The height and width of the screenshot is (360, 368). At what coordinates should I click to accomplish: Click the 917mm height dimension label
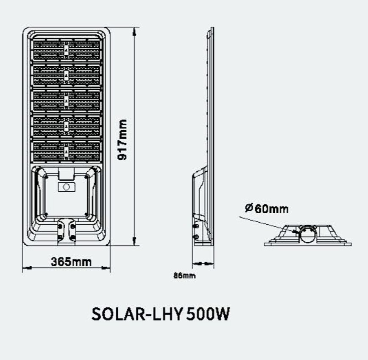tap(123, 140)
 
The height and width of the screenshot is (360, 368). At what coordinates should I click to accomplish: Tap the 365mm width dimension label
tap(71, 262)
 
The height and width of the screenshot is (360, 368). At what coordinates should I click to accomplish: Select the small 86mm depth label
tap(184, 276)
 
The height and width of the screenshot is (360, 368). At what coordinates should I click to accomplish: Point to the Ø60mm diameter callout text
tap(267, 209)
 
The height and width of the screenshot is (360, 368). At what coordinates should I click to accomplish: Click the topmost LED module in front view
tap(67, 50)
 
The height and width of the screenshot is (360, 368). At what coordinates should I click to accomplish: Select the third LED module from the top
tap(67, 100)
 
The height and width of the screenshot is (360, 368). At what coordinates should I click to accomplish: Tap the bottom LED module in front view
tap(67, 151)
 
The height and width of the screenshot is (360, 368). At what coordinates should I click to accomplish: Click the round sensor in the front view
tap(66, 187)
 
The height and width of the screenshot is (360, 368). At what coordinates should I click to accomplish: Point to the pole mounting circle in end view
tap(308, 234)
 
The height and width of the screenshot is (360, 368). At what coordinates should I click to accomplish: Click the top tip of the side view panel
tap(212, 29)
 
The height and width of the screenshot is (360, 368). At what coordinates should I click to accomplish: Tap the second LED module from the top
tap(67, 75)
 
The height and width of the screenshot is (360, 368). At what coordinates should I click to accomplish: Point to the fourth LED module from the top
tap(67, 126)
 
